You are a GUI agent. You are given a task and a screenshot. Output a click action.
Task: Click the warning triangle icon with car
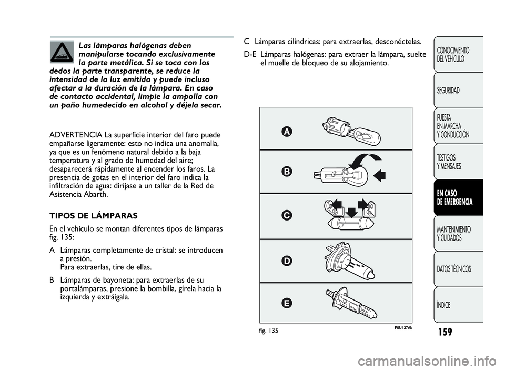pos(62,52)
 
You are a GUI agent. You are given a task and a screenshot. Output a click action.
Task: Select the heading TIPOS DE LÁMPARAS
pos(93,216)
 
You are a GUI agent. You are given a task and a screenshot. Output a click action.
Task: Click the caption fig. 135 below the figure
pos(268,331)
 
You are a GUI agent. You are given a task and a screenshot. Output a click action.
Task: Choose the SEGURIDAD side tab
pos(448,91)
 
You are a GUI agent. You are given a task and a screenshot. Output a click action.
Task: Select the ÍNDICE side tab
pos(444,305)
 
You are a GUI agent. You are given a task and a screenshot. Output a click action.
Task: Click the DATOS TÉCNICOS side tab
pos(454,269)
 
